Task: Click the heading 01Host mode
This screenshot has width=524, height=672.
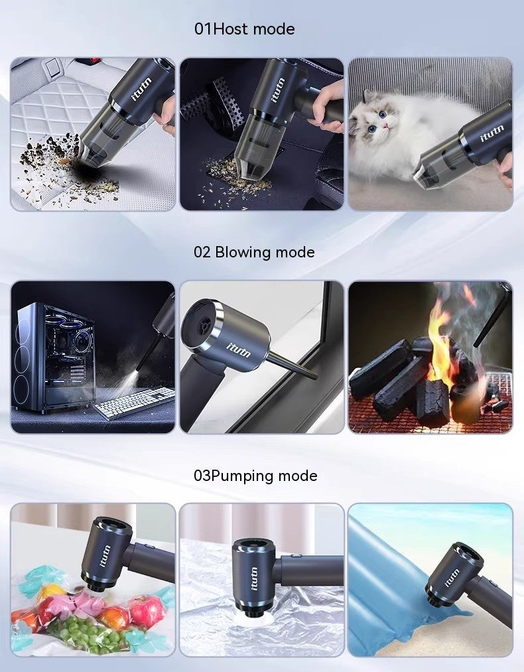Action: (x=244, y=29)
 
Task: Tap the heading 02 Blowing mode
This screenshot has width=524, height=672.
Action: (x=254, y=253)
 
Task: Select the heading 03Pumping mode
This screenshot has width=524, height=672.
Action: (x=255, y=476)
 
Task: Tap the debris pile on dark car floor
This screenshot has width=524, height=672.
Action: (x=242, y=169)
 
